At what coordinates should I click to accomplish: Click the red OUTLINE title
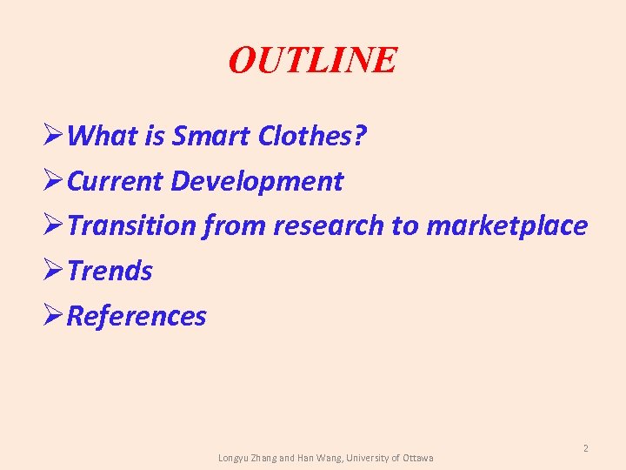point(312,60)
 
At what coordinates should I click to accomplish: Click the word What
point(97,136)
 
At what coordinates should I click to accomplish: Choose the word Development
point(257,181)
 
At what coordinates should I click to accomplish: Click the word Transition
point(132,226)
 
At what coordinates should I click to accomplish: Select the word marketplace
point(507,226)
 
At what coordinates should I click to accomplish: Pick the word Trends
point(110,272)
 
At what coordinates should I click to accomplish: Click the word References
point(137,316)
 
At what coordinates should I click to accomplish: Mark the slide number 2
point(586,448)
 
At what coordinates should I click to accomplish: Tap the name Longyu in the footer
point(234,458)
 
